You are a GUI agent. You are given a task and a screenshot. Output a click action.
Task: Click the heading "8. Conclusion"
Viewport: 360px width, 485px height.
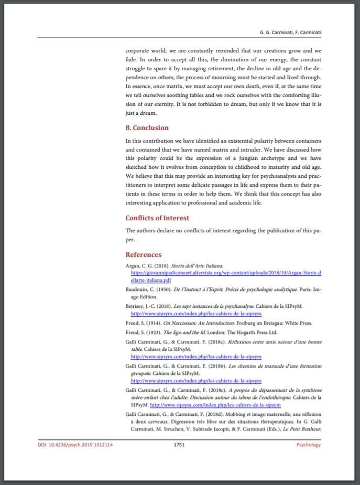(x=147, y=128)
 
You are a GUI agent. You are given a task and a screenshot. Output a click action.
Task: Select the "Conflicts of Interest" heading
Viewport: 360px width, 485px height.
(x=157, y=218)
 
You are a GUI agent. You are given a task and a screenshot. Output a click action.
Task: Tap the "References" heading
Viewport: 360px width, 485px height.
(x=143, y=255)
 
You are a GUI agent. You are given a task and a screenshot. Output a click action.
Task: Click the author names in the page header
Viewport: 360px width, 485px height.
(x=290, y=33)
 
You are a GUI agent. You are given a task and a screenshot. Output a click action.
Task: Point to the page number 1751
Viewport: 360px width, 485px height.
(x=180, y=445)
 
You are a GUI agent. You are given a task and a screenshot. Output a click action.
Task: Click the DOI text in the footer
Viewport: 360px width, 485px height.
(x=75, y=445)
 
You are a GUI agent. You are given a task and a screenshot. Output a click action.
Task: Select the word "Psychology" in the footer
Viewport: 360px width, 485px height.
(x=308, y=445)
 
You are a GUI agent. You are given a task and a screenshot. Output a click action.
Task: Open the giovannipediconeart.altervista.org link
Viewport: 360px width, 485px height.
(x=226, y=273)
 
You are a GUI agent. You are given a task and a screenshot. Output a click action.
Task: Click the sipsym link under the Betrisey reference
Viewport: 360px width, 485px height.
(x=196, y=314)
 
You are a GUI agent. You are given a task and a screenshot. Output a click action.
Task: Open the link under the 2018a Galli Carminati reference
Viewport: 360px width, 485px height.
(x=196, y=357)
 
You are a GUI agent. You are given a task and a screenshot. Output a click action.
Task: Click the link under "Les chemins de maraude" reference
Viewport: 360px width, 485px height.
(x=196, y=381)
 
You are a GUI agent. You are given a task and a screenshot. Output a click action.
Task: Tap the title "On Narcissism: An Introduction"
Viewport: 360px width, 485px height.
(x=200, y=323)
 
